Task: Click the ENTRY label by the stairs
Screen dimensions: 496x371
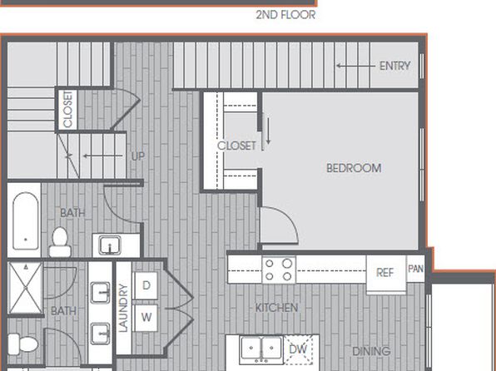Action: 394,66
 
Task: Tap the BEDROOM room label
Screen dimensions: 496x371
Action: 354,168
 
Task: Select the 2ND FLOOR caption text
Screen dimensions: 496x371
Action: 285,15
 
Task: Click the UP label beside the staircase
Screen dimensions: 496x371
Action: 137,156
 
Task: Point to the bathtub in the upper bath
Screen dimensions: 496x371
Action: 26,220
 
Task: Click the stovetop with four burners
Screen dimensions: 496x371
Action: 279,270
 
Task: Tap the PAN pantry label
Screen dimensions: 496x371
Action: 415,269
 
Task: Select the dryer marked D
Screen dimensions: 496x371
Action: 146,285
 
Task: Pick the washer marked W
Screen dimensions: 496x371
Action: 146,317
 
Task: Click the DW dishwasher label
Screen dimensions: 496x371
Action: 298,349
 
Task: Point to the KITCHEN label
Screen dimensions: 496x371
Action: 276,308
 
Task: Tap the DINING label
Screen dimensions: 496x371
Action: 371,351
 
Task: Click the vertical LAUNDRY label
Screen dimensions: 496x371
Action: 123,308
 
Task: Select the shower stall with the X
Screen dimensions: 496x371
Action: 25,288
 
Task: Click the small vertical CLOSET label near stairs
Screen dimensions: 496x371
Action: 68,109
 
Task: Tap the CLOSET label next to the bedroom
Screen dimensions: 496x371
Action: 236,146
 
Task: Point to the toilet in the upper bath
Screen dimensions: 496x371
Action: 59,242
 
